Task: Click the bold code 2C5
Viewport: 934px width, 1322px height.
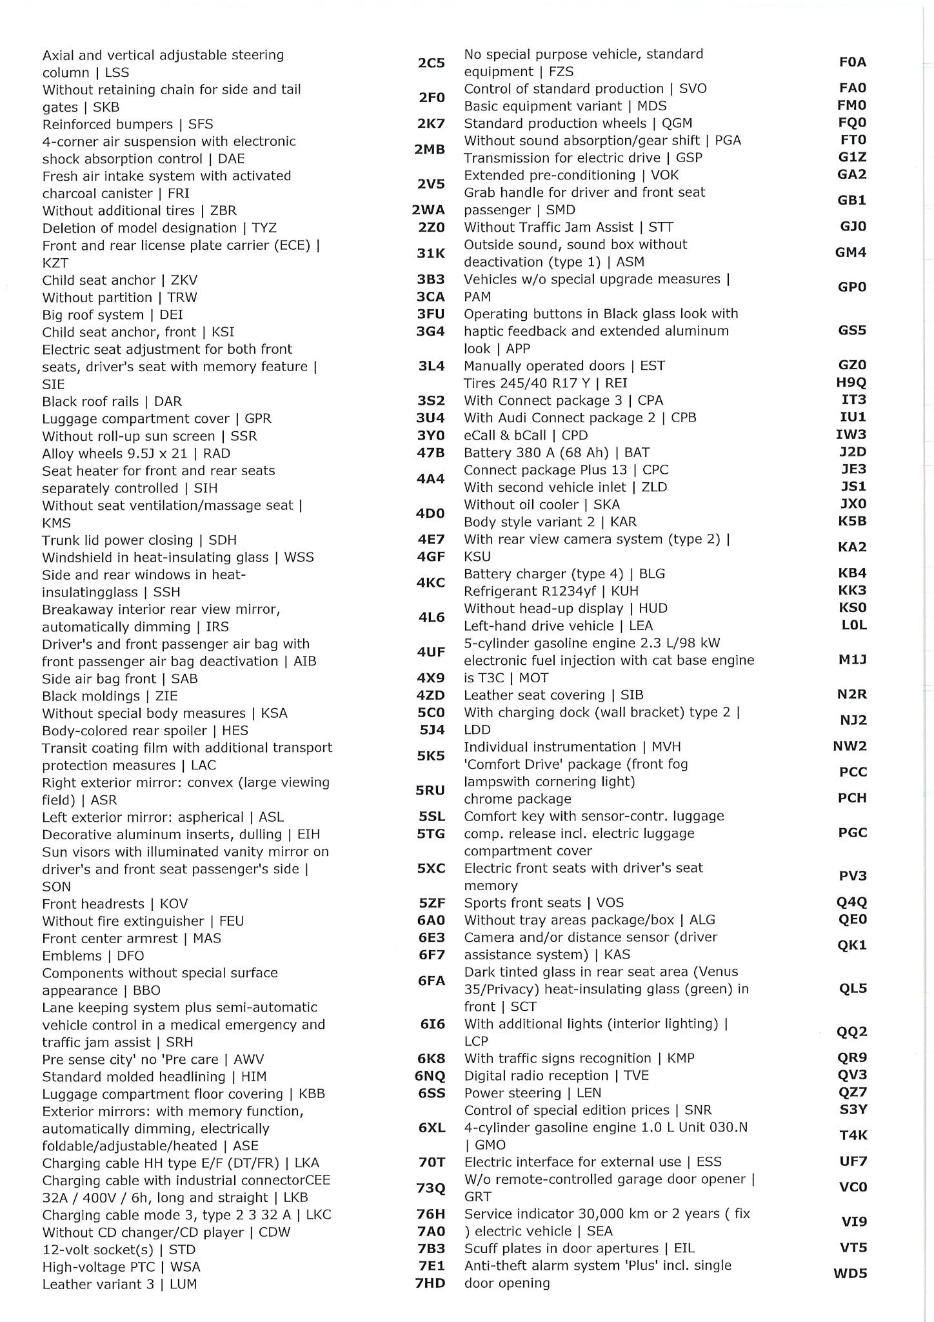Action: (x=431, y=63)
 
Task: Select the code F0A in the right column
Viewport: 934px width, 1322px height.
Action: (x=852, y=63)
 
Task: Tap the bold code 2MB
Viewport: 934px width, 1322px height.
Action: (x=429, y=150)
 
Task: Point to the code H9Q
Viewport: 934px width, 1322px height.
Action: (x=851, y=383)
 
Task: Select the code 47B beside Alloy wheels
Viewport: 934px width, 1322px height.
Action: (x=431, y=453)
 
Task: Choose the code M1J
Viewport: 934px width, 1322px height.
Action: (x=852, y=660)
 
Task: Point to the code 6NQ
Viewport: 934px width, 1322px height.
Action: (x=430, y=1076)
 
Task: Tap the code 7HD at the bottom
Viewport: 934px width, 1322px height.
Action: (x=430, y=1283)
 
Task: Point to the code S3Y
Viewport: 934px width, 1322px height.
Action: (x=853, y=1110)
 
